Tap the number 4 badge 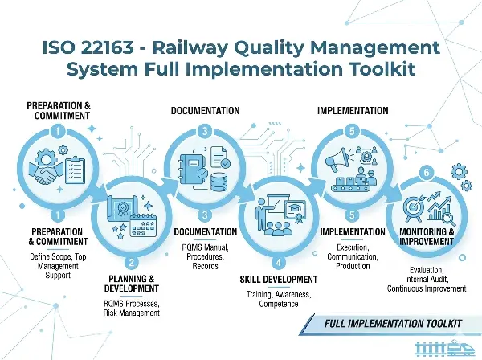(x=277, y=261)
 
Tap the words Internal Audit (x=427, y=280)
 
